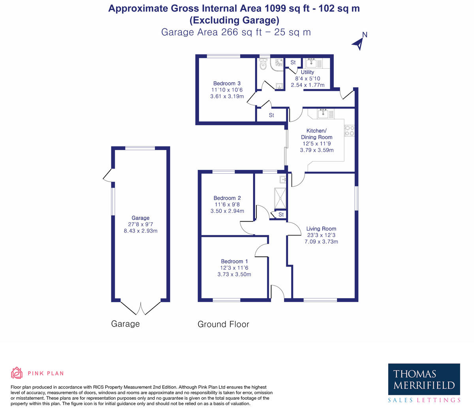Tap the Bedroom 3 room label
pyautogui.click(x=227, y=83)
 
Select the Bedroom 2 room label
pyautogui.click(x=227, y=198)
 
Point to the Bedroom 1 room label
pyautogui.click(x=234, y=261)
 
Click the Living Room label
pyautogui.click(x=321, y=229)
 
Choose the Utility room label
pyautogui.click(x=307, y=72)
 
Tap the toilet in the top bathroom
pyautogui.click(x=263, y=64)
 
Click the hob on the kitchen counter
pyautogui.click(x=349, y=131)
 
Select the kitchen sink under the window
pyautogui.click(x=324, y=114)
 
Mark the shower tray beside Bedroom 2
pyautogui.click(x=280, y=198)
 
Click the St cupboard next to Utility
pyautogui.click(x=293, y=62)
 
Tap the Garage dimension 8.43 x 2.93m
pyautogui.click(x=141, y=231)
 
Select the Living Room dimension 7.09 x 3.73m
pyautogui.click(x=321, y=242)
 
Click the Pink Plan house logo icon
pyautogui.click(x=17, y=373)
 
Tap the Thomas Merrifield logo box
pyautogui.click(x=424, y=379)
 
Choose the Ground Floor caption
pyautogui.click(x=223, y=324)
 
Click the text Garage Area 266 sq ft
pyautogui.click(x=212, y=32)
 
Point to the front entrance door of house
pyautogui.click(x=278, y=293)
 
